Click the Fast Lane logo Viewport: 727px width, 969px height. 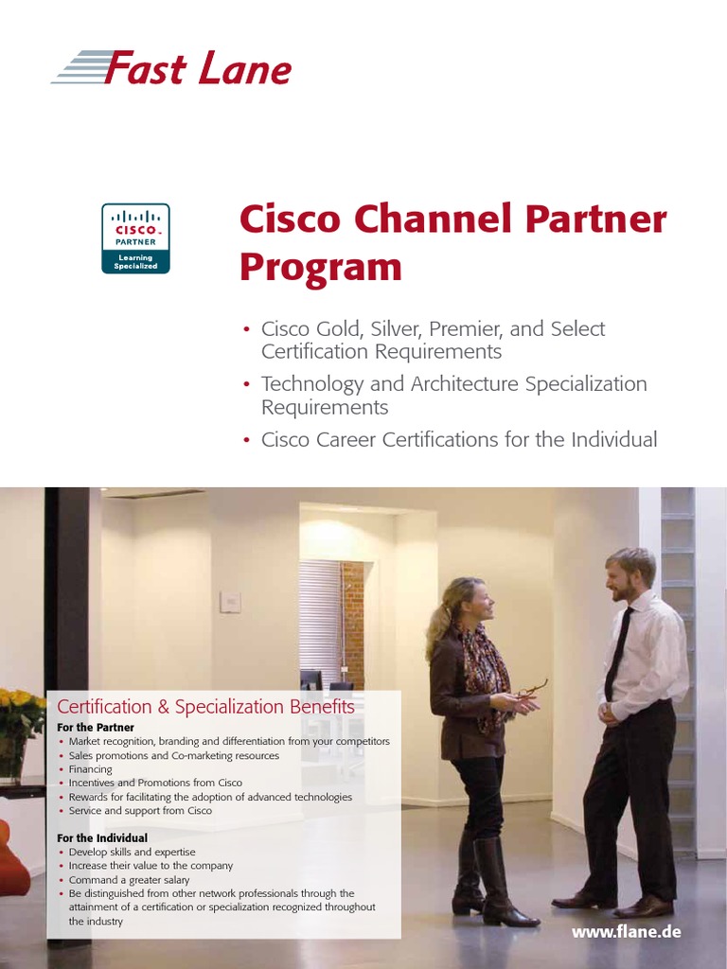pos(171,69)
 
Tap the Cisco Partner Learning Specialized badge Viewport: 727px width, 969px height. pos(135,238)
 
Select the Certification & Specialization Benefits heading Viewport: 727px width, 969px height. pos(205,707)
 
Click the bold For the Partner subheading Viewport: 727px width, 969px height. pos(96,727)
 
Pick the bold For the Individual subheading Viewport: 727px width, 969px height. pos(102,837)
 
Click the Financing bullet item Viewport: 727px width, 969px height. pos(91,769)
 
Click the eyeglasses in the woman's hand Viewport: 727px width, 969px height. pos(534,688)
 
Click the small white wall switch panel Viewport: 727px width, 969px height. pos(229,602)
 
